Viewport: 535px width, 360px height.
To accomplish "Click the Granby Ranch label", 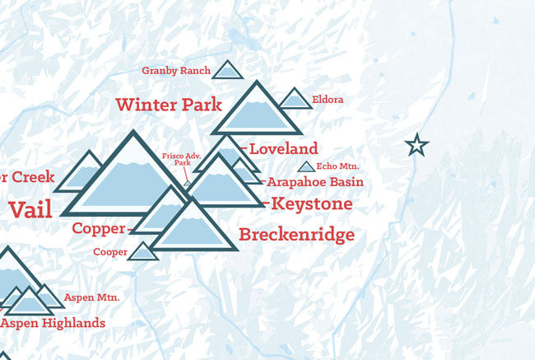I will pos(175,71).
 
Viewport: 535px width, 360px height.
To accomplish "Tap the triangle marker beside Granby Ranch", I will pos(228,71).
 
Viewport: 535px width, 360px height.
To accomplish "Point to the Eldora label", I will pos(328,101).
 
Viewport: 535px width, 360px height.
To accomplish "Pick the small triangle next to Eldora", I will pos(295,100).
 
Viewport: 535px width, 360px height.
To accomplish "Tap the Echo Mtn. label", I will pos(337,167).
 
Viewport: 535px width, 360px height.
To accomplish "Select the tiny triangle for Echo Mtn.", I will pos(305,167).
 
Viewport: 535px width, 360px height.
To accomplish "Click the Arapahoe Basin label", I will pos(308,182).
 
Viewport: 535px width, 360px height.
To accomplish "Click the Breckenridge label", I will pos(296,236).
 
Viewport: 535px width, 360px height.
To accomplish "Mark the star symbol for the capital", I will pos(417,146).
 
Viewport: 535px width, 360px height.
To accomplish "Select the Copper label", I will pos(99,228).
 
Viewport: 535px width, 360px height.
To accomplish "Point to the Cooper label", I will pos(109,252).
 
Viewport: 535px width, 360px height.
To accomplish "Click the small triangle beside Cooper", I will pos(144,251).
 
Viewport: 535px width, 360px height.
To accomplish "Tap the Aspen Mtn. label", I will pos(95,297).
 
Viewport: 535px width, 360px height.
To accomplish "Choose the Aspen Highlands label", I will pos(53,323).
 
